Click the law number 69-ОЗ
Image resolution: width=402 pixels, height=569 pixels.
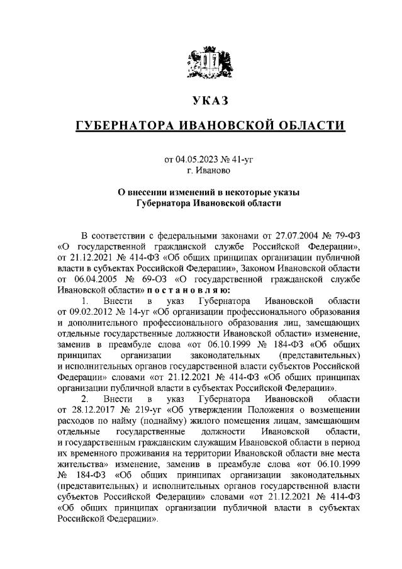tap(144, 279)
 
